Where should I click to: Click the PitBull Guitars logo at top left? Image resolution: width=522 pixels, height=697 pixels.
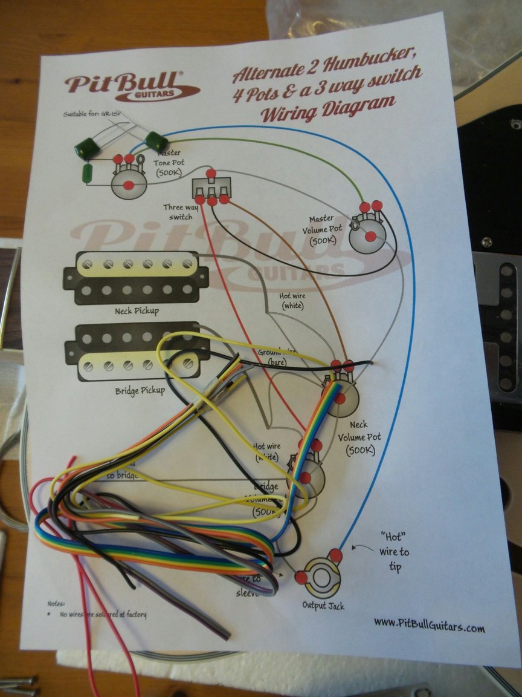[x=132, y=86]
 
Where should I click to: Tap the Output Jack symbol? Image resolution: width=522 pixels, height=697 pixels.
[x=320, y=577]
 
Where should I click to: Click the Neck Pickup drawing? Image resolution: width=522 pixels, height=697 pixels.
[x=136, y=277]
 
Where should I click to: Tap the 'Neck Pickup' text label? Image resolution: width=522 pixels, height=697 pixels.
[x=137, y=311]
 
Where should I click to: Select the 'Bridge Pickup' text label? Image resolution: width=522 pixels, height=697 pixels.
[x=140, y=390]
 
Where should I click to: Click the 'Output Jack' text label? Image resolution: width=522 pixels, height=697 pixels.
[x=323, y=604]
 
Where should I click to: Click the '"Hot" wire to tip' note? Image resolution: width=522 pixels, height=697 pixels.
[x=394, y=551]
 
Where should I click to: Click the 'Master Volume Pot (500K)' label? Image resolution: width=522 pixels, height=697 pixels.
[x=326, y=230]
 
